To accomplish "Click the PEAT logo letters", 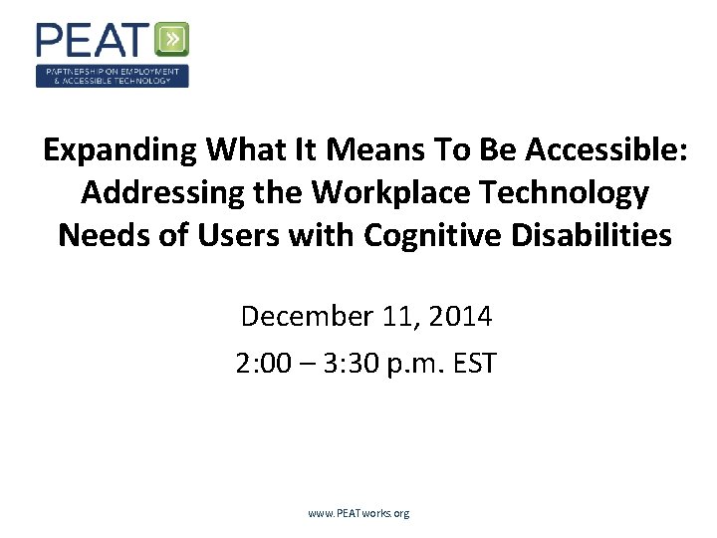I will click(95, 40).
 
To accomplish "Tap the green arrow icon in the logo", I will click(172, 40).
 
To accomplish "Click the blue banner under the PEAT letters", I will click(112, 76).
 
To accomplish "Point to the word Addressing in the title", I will click(155, 192).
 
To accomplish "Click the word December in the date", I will click(304, 317).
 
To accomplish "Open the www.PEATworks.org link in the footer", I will click(358, 513).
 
